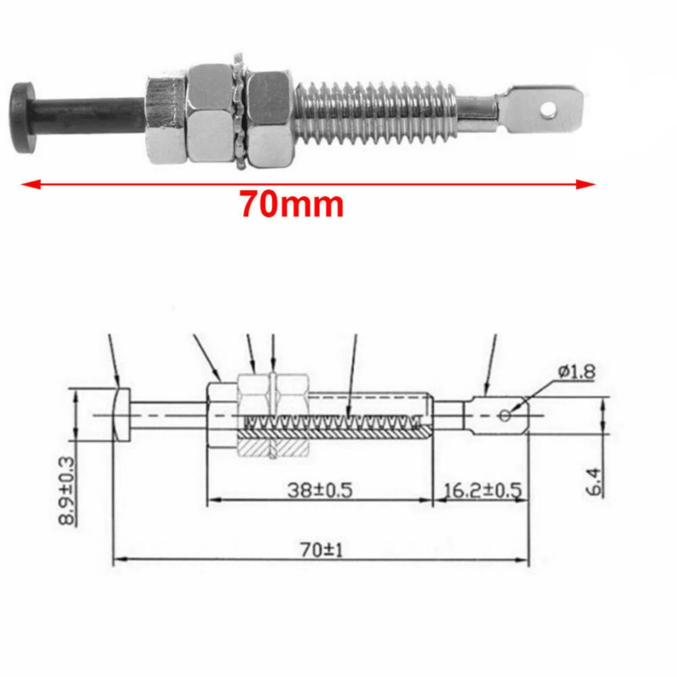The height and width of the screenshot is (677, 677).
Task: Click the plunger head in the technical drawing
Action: point(119,414)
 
